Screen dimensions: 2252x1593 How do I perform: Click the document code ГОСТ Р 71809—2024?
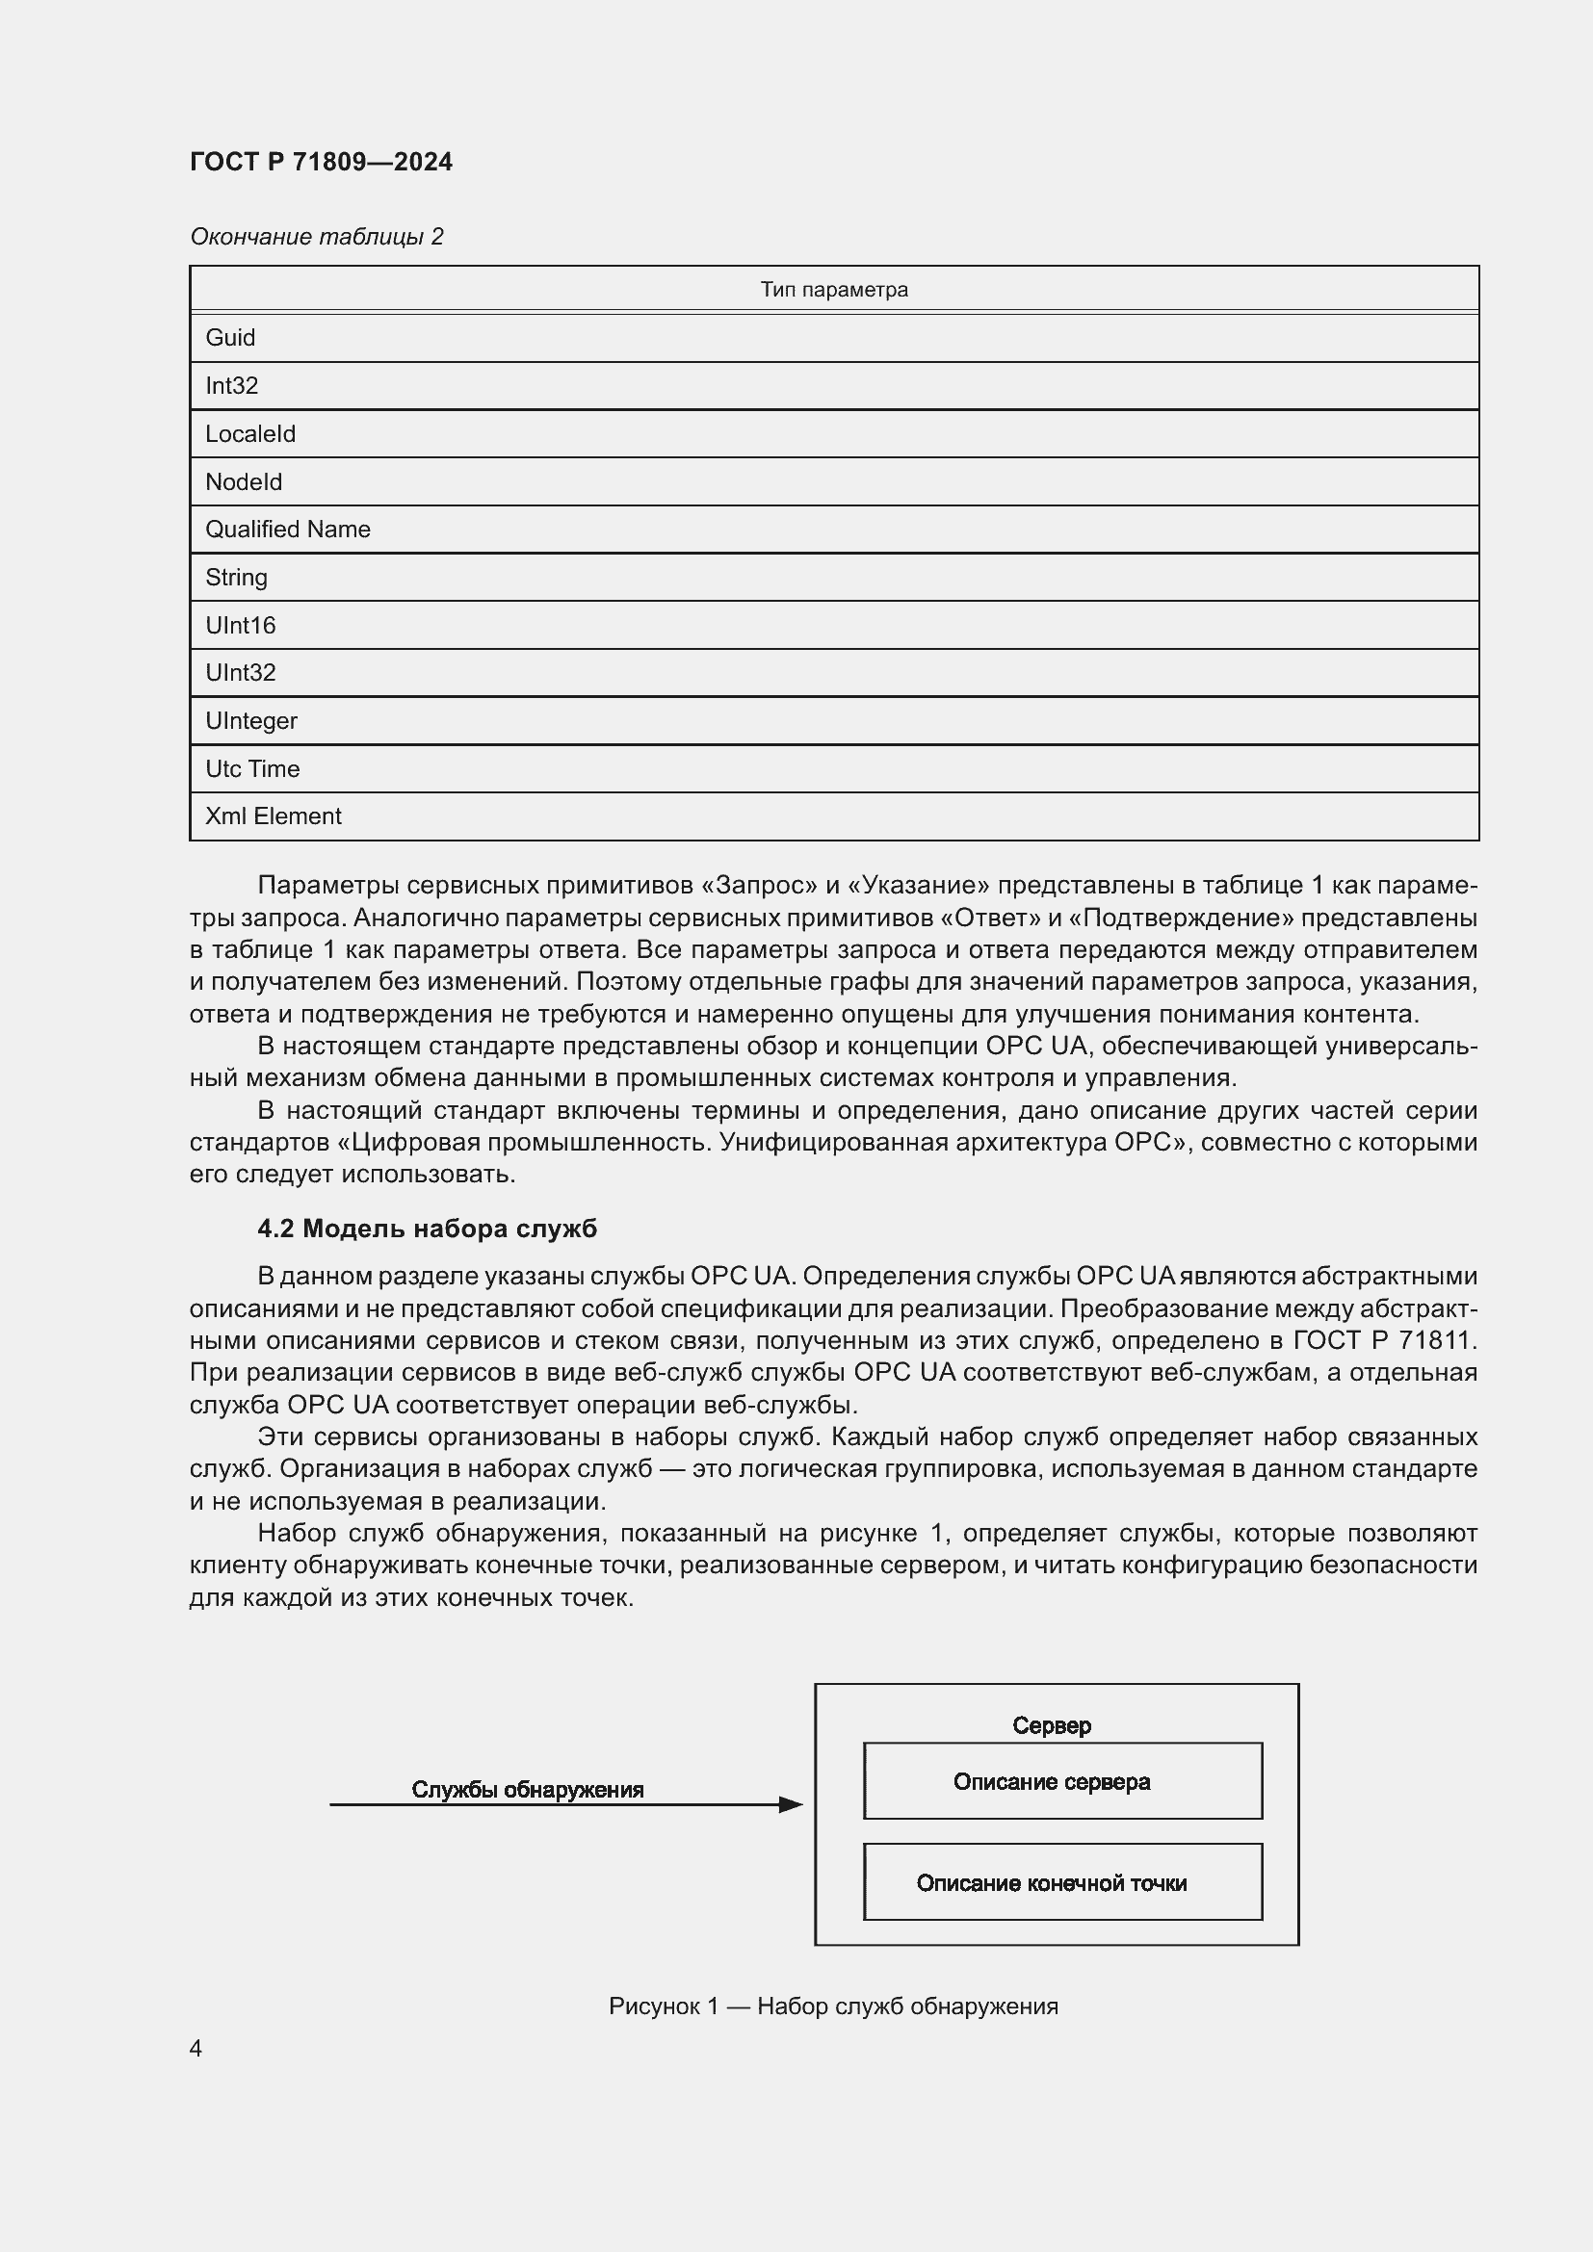point(321,162)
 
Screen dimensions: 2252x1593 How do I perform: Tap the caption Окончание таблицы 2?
point(316,237)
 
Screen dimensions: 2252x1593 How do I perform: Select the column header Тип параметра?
point(834,290)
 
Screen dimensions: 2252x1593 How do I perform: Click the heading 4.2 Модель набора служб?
point(427,1228)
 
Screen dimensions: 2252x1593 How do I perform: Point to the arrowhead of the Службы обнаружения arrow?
point(792,1804)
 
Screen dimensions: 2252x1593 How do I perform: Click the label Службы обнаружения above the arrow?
point(527,1789)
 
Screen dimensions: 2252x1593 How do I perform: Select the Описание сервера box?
point(1062,1781)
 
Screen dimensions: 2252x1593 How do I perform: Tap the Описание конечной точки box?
point(1062,1882)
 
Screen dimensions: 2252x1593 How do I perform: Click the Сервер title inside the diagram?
point(1052,1725)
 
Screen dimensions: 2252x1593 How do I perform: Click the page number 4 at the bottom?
point(196,2048)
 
